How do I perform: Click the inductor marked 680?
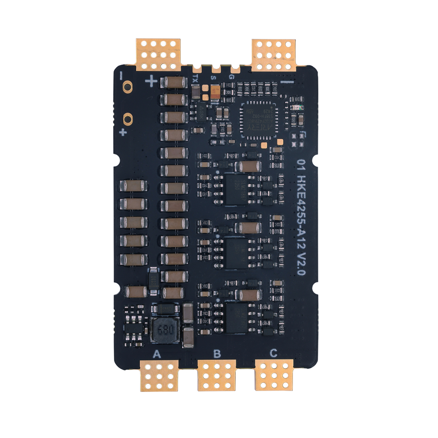click(165, 329)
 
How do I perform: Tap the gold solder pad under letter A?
click(159, 375)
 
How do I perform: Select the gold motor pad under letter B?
click(217, 375)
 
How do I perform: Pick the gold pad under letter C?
click(274, 375)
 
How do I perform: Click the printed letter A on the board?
click(157, 354)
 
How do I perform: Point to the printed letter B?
click(217, 354)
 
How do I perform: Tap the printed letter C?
click(273, 353)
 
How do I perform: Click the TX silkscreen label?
click(195, 78)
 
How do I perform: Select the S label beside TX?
click(213, 78)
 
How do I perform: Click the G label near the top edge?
click(231, 77)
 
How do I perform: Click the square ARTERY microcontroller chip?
click(258, 119)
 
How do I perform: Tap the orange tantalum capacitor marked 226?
click(215, 92)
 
